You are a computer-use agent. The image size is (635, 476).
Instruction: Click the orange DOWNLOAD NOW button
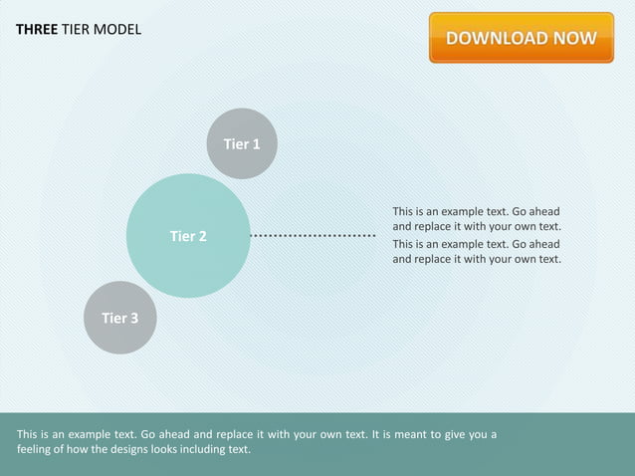(521, 38)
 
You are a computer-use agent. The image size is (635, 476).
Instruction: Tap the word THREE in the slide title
(37, 29)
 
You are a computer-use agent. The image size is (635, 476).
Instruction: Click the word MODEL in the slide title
(117, 29)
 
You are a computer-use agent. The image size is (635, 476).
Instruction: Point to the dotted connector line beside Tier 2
(313, 236)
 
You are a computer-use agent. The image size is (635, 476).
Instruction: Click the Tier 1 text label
(242, 144)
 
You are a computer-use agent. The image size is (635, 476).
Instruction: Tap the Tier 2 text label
(188, 236)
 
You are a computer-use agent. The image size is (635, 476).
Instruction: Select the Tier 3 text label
(119, 319)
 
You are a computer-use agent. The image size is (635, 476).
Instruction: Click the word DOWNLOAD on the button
(497, 39)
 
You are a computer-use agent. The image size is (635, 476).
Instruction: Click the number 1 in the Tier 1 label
(256, 144)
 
